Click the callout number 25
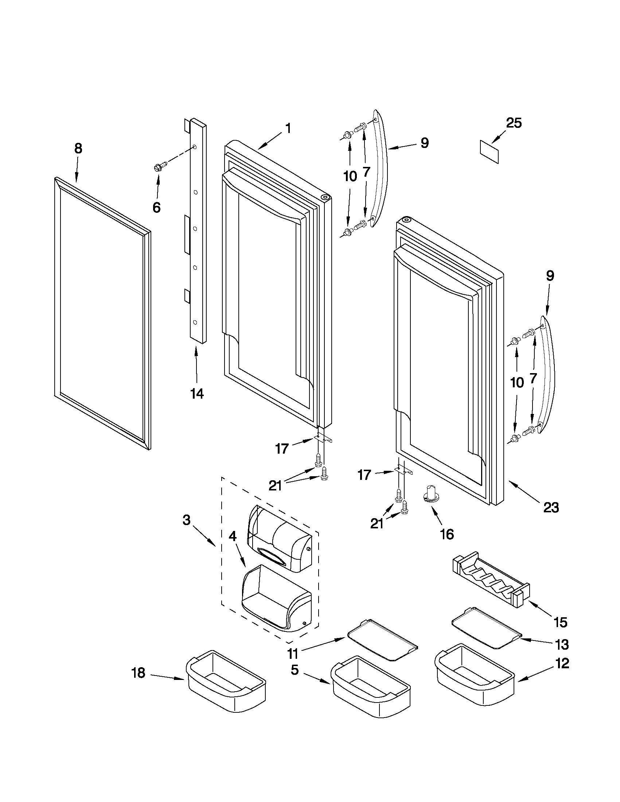[514, 124]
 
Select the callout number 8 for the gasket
[78, 148]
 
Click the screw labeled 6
[160, 168]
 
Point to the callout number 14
[197, 393]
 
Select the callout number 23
[551, 507]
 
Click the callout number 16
[447, 534]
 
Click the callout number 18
[139, 673]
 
